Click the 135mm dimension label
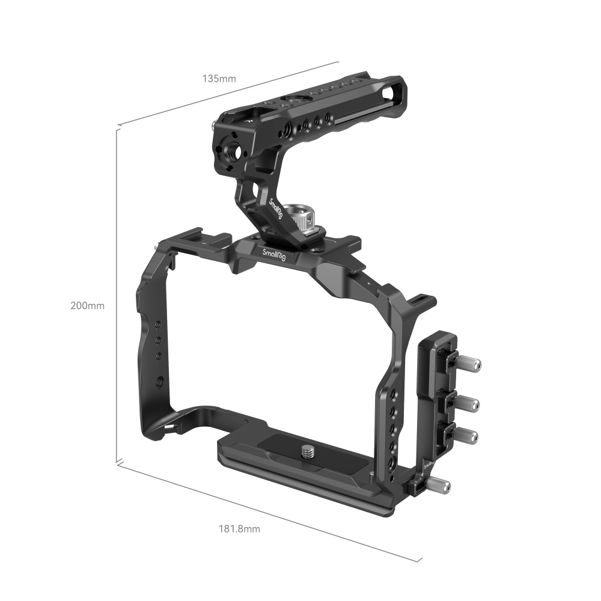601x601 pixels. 219,79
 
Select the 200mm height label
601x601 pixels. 87,305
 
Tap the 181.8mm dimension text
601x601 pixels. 239,529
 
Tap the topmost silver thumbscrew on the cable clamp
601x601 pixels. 471,364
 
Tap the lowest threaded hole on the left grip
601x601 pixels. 160,380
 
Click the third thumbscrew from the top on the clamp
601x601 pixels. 468,435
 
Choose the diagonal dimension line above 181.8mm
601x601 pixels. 264,510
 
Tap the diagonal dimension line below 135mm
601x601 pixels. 228,93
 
